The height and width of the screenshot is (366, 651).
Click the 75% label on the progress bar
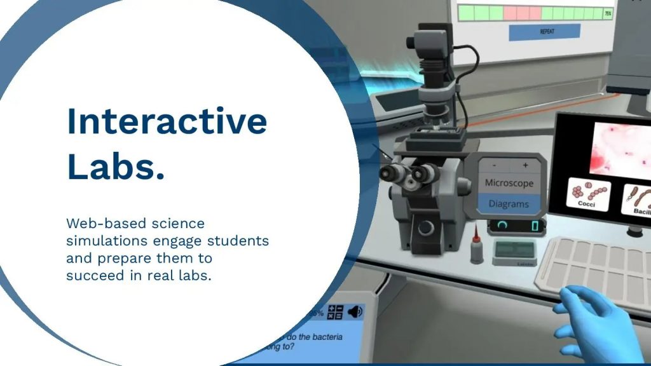(608, 13)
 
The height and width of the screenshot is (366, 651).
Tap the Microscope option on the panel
(509, 182)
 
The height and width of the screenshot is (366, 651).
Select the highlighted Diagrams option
(509, 204)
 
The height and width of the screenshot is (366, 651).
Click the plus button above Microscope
(526, 165)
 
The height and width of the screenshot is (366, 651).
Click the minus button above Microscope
(494, 165)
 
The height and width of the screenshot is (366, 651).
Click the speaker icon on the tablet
(355, 311)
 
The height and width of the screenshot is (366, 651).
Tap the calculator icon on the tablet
(335, 312)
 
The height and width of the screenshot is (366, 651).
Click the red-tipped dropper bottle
(476, 245)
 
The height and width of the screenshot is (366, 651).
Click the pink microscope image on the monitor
(620, 149)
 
